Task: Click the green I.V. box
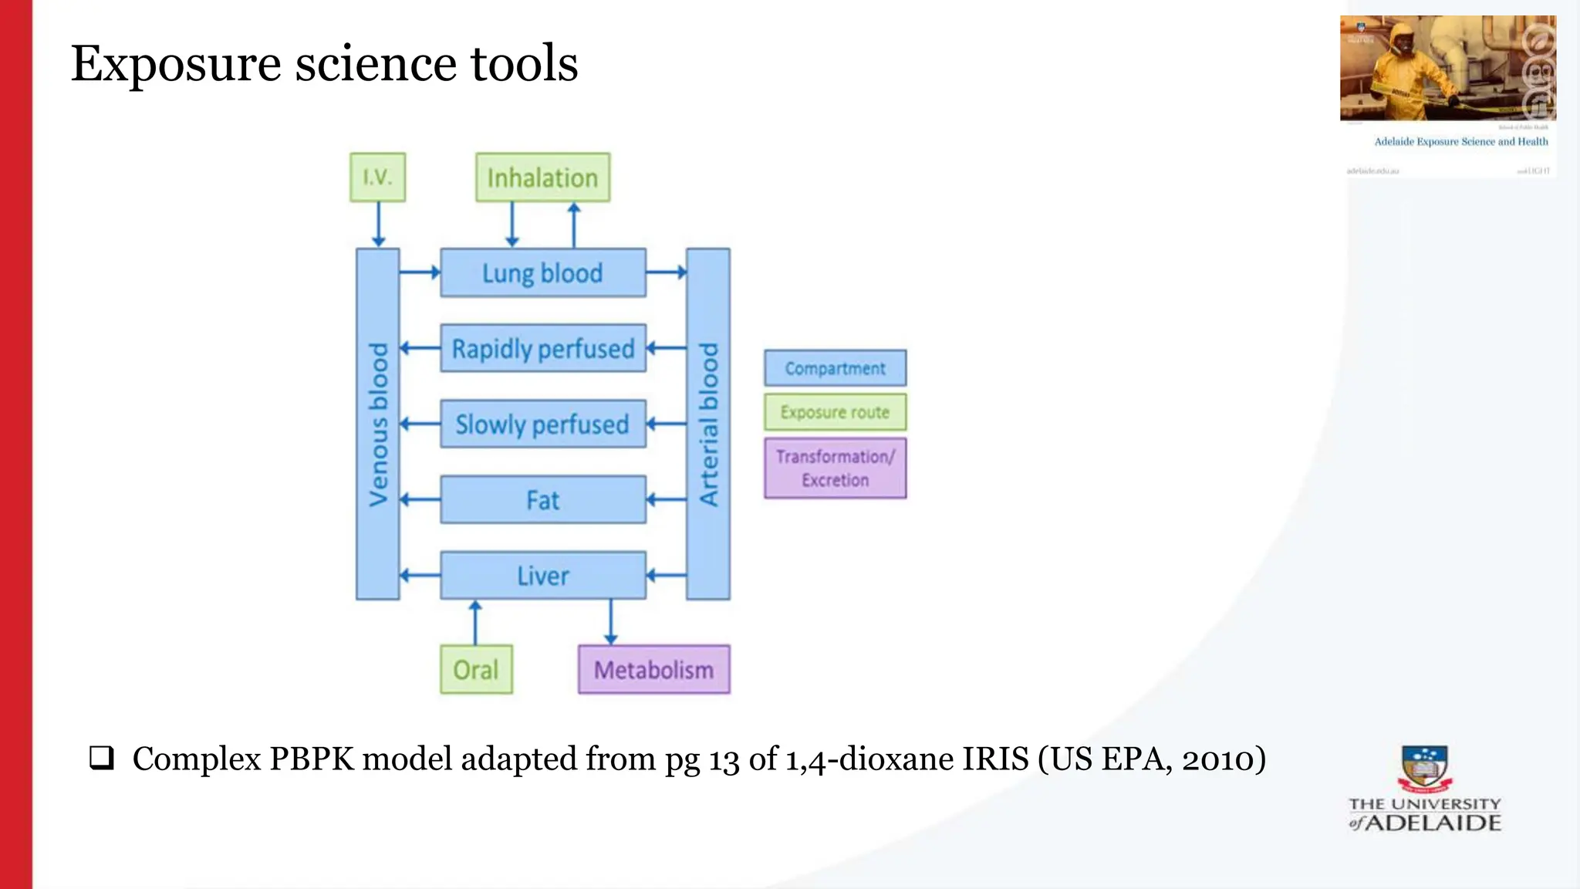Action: [377, 177]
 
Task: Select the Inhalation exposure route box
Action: [542, 177]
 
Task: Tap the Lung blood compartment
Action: [542, 272]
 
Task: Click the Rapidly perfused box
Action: [542, 348]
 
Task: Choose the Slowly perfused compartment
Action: [542, 424]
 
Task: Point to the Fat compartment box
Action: [542, 499]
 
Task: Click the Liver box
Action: [542, 575]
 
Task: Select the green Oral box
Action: [476, 669]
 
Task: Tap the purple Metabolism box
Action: [653, 669]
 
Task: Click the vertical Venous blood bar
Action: [377, 424]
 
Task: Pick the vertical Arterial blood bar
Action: [707, 424]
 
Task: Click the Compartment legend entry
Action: [835, 368]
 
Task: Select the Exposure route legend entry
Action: [835, 412]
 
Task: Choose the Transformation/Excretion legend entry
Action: [835, 468]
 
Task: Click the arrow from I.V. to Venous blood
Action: [378, 225]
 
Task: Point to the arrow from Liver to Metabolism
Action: [611, 622]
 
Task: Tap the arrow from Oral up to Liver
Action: [475, 622]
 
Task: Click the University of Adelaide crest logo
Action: [1424, 769]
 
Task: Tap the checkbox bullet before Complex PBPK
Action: [101, 758]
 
